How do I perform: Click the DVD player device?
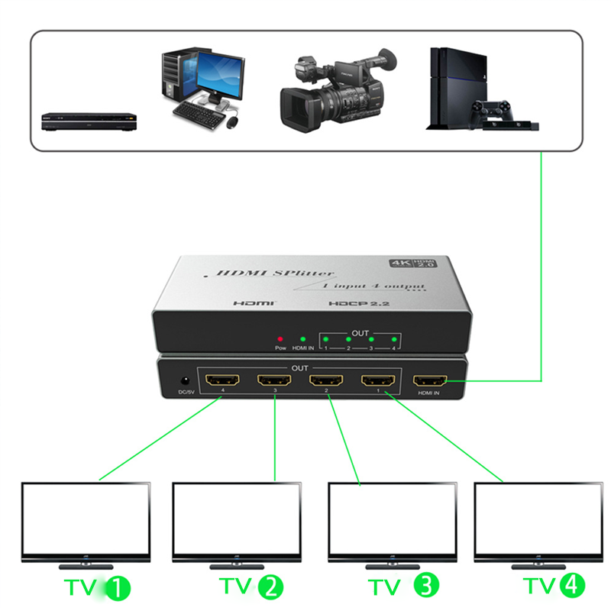click(x=89, y=120)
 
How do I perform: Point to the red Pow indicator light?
click(x=280, y=338)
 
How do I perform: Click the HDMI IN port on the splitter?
click(x=430, y=382)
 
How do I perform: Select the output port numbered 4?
click(x=222, y=381)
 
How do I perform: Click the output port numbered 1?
click(x=378, y=381)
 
